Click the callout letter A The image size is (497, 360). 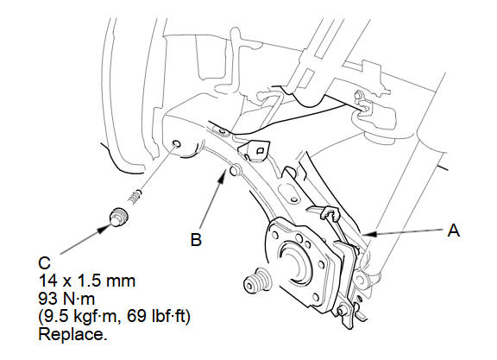454,230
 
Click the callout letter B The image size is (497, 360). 196,239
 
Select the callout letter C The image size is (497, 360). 44,263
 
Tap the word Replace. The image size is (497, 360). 72,334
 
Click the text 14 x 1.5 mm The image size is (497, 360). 87,281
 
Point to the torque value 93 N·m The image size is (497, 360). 66,299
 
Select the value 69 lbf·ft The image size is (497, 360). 159,316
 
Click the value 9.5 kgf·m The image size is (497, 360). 80,317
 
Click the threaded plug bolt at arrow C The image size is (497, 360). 118,217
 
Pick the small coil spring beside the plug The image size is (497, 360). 135,197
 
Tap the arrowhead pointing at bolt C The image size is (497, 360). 103,229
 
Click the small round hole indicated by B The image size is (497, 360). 235,170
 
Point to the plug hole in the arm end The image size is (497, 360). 177,144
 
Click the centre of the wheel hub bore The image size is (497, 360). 293,260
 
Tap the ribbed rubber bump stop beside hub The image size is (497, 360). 257,281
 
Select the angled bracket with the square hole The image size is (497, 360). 255,149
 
